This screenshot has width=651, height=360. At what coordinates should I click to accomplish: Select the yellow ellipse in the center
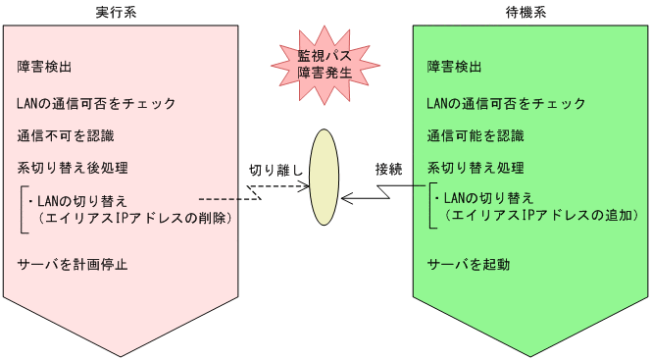(325, 177)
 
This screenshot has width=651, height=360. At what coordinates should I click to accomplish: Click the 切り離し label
(275, 170)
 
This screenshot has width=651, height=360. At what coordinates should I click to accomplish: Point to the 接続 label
(388, 169)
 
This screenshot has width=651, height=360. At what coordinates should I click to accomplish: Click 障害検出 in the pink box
(45, 68)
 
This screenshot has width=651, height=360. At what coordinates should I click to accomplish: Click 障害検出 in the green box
(455, 68)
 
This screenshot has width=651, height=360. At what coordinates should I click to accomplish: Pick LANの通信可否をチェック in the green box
(506, 103)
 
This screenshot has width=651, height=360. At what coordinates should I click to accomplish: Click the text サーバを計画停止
(73, 264)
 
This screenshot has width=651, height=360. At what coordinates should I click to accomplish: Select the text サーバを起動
(469, 264)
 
